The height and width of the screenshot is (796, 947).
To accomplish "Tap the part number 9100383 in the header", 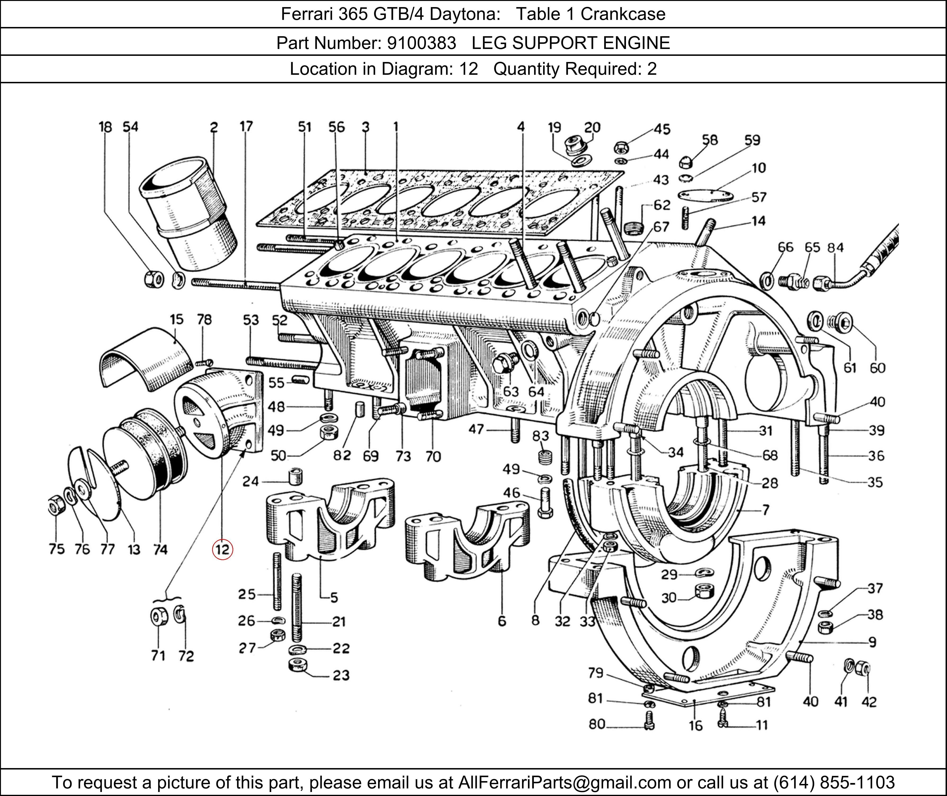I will click(x=422, y=43).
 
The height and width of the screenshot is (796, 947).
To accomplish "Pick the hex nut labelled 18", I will click(x=153, y=279).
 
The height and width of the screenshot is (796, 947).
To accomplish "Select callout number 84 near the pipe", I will click(x=835, y=247).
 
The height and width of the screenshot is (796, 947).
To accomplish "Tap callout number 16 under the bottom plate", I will click(x=696, y=726).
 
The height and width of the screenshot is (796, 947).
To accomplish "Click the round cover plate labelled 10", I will click(x=705, y=195).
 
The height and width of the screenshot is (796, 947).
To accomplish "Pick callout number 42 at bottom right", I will click(x=869, y=702).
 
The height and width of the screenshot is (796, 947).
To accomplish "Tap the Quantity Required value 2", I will click(x=652, y=69).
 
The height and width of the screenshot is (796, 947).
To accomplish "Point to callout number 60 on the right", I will click(x=877, y=368).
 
